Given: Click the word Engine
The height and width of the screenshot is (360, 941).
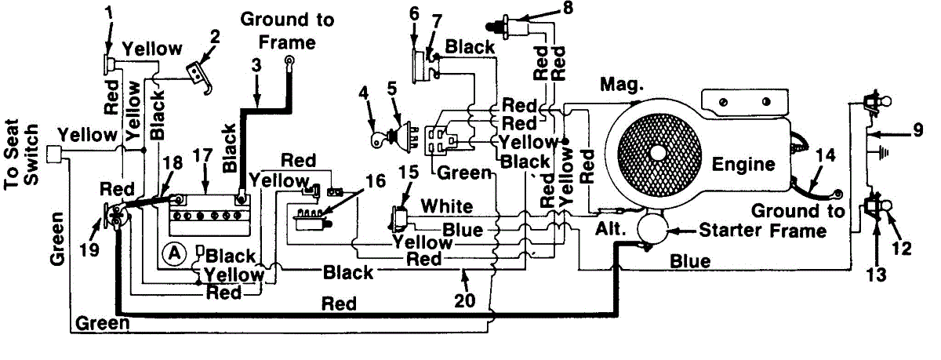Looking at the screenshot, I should pyautogui.click(x=743, y=164).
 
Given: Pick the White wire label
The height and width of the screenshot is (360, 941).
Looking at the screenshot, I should pyautogui.click(x=447, y=206).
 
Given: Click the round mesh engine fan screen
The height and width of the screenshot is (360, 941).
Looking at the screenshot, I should pyautogui.click(x=657, y=151).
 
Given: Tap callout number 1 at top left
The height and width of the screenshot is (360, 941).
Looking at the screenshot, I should pyautogui.click(x=107, y=14).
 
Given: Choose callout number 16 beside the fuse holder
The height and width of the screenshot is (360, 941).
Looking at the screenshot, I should pyautogui.click(x=376, y=181).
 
